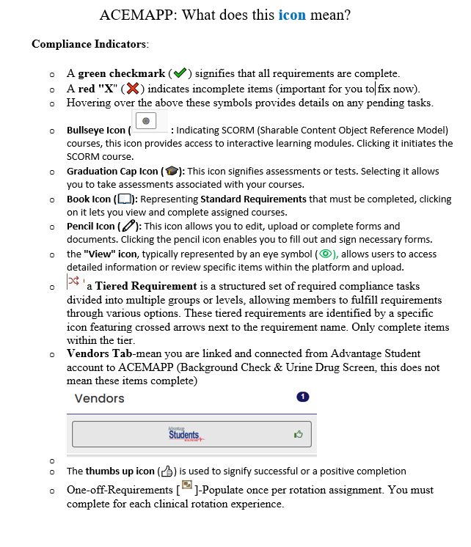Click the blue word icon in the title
click(292, 15)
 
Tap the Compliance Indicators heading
click(90, 44)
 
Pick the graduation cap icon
click(172, 172)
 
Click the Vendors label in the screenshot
click(100, 398)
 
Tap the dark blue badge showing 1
click(302, 397)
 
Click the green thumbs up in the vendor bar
click(297, 434)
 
